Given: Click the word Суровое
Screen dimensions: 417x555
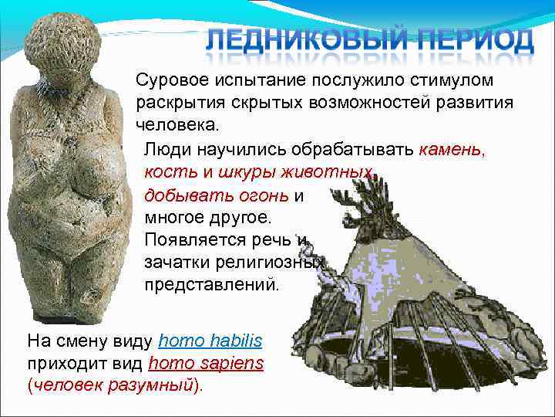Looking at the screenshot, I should [171, 80].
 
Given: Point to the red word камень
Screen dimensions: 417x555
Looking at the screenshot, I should [453, 147].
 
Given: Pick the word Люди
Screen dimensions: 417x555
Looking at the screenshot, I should [166, 147].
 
